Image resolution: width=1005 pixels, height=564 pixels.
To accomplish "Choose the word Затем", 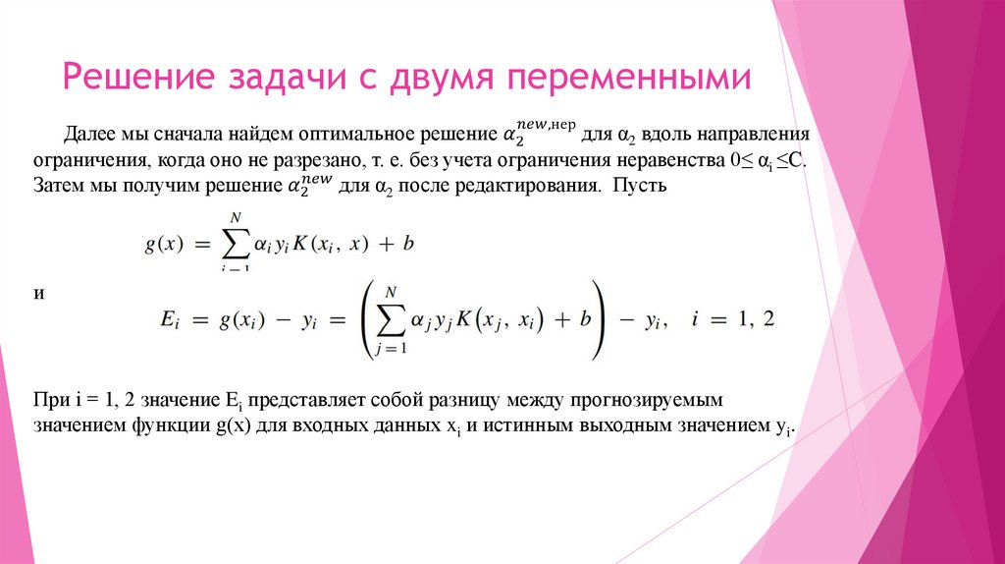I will click(x=58, y=186).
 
